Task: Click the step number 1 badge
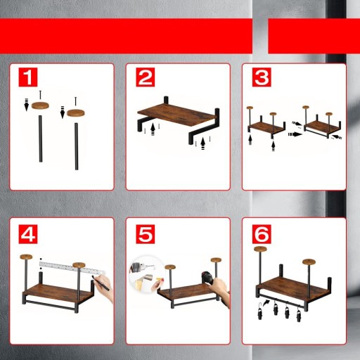(28, 77)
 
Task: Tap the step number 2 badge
(146, 77)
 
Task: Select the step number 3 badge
(262, 77)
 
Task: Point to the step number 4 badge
(28, 234)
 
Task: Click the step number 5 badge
(146, 234)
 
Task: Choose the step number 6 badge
(262, 234)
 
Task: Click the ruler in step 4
(72, 268)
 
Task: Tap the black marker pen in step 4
(101, 283)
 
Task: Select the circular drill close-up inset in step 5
(145, 274)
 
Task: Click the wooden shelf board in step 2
(176, 114)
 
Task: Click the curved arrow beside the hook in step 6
(266, 302)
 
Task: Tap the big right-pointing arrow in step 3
(295, 134)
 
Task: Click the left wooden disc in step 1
(41, 105)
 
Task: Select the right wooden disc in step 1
(76, 113)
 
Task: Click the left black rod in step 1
(41, 139)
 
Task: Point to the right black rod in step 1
(77, 146)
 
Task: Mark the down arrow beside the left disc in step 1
(27, 105)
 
